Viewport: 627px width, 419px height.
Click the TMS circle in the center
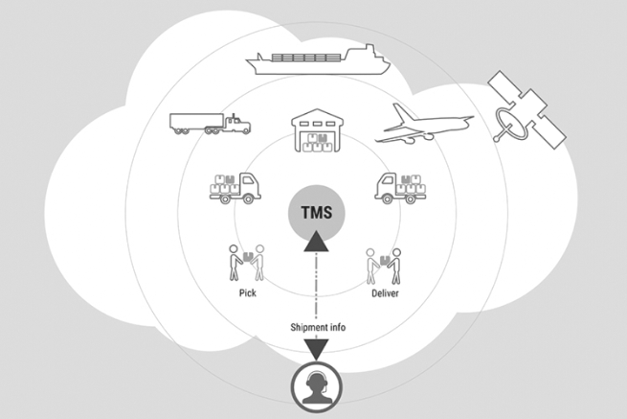point(314,211)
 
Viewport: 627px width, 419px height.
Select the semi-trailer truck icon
point(209,123)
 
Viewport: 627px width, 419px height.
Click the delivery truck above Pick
point(235,186)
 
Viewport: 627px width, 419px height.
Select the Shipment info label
point(314,327)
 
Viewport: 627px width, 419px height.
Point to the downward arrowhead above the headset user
point(314,350)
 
